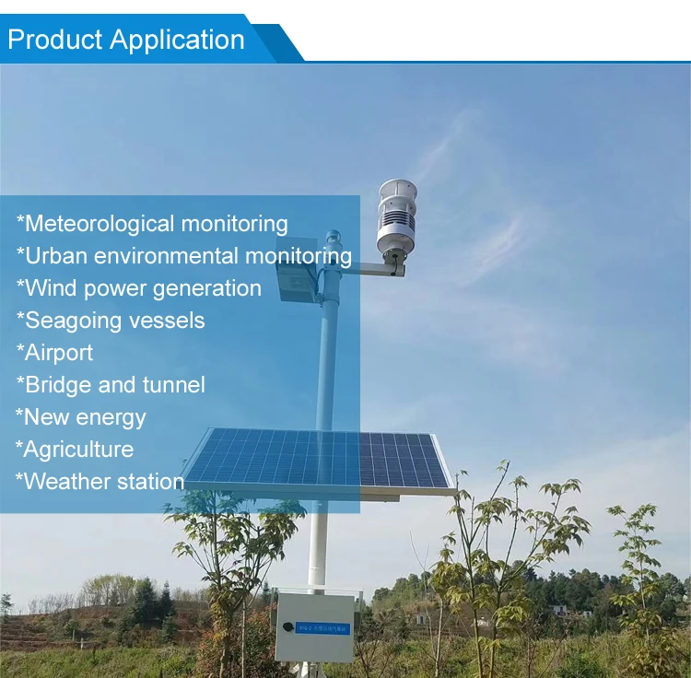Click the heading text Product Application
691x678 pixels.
tap(126, 40)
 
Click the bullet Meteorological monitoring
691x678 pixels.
tap(152, 224)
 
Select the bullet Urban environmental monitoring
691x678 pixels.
tap(184, 256)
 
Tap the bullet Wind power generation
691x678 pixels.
tap(139, 288)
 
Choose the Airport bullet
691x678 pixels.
tap(54, 353)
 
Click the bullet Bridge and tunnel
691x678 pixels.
tap(111, 385)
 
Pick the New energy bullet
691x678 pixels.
tap(81, 417)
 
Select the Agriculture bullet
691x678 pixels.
tap(75, 450)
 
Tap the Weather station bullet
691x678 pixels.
tap(100, 482)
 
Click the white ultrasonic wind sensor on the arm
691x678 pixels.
tap(396, 218)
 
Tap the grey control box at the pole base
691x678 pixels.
tap(314, 627)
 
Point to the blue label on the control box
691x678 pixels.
tap(322, 628)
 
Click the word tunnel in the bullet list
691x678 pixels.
tap(175, 385)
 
